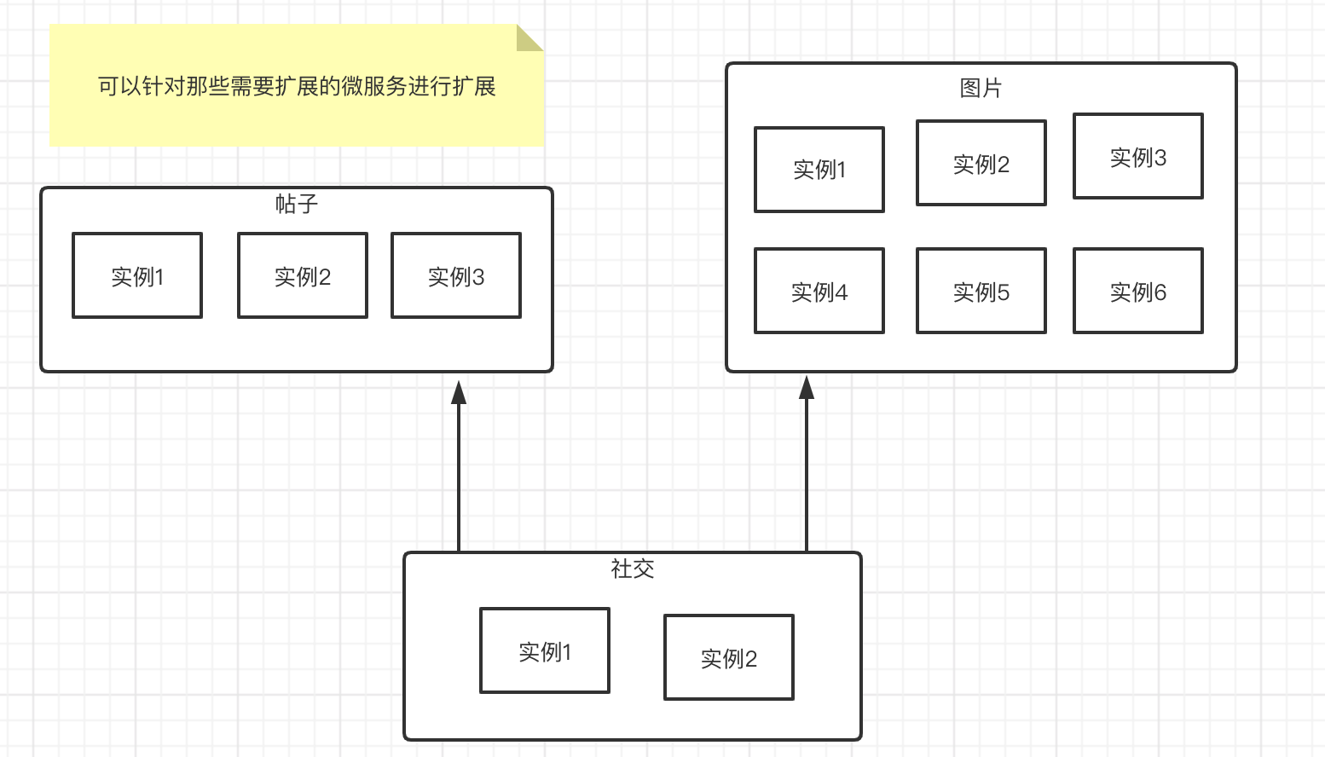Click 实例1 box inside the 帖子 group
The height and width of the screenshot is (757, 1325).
(137, 275)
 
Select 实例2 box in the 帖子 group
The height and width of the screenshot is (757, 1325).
(303, 275)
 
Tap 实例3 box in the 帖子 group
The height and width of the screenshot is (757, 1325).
(456, 275)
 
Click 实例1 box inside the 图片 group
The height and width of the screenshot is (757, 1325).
(819, 170)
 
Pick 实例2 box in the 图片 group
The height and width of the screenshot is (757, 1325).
(981, 163)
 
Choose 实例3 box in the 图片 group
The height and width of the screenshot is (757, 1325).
(1138, 156)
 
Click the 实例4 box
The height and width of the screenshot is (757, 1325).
(819, 291)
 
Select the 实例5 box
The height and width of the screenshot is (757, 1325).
(981, 291)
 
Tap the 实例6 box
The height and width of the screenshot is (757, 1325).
(1138, 291)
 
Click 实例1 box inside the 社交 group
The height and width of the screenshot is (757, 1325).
(545, 650)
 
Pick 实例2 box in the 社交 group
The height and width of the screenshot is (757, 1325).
(729, 657)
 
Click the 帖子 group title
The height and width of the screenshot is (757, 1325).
(297, 204)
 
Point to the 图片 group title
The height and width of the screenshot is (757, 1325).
(981, 88)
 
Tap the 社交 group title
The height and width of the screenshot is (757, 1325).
(633, 569)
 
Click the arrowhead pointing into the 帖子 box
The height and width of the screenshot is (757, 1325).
(459, 392)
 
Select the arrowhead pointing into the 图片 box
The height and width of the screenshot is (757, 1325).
(807, 388)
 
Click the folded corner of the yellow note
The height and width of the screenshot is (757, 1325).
(529, 38)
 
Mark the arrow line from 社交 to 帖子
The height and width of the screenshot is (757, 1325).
(459, 477)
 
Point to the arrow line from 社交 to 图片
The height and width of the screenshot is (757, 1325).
(807, 477)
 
